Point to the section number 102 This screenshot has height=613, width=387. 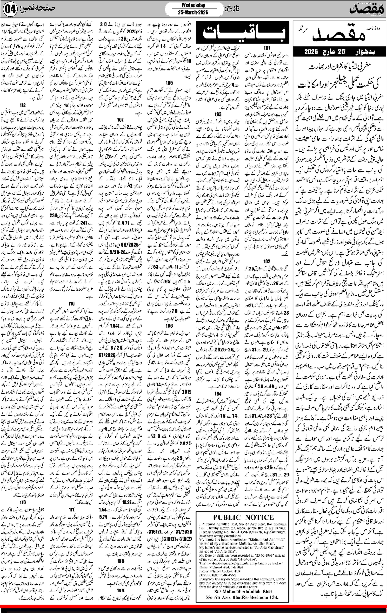pyautogui.click(x=267, y=261)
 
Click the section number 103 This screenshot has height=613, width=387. pyautogui.click(x=218, y=114)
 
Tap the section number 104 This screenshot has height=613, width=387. pyautogui.click(x=218, y=394)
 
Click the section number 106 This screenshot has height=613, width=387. pyautogui.click(x=169, y=326)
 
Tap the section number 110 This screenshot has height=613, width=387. pyautogui.click(x=72, y=303)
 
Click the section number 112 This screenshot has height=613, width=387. pyautogui.click(x=23, y=105)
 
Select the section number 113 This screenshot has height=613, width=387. pyautogui.click(x=23, y=502)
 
